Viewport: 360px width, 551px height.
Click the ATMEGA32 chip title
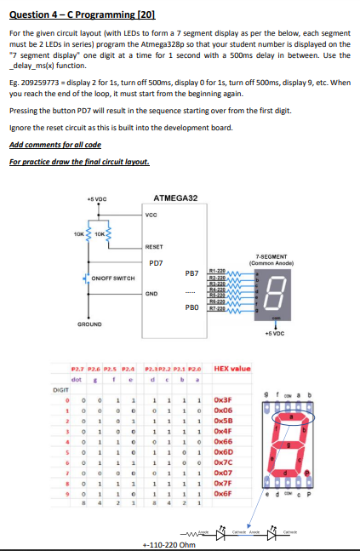(176, 198)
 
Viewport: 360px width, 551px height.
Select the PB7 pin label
(191, 273)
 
